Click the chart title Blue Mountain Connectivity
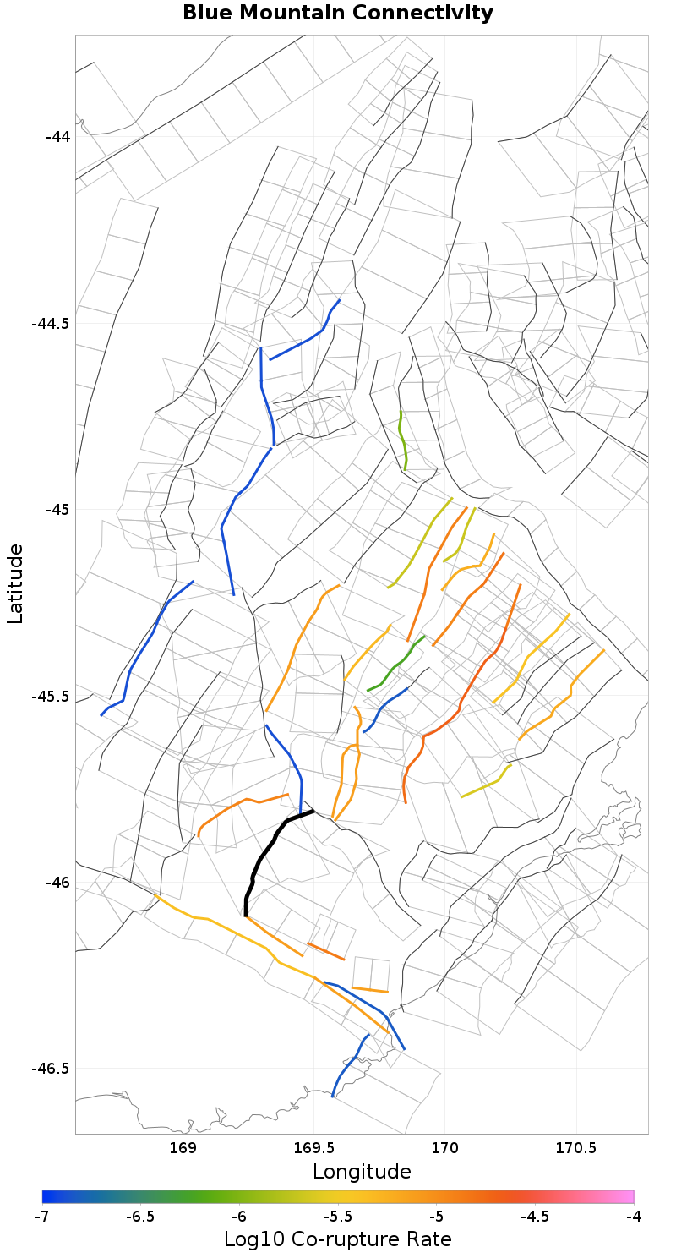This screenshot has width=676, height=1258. click(338, 14)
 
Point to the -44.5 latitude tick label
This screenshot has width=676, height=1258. click(52, 323)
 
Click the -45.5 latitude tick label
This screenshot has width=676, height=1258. click(52, 697)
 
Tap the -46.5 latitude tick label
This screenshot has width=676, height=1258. click(52, 1069)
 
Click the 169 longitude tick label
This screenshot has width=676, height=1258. click(183, 1147)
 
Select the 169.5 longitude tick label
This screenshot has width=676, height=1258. click(313, 1147)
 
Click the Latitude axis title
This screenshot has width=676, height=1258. click(15, 583)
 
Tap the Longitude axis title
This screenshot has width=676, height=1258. click(362, 1172)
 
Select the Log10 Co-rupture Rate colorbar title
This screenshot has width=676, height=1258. click(338, 1239)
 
